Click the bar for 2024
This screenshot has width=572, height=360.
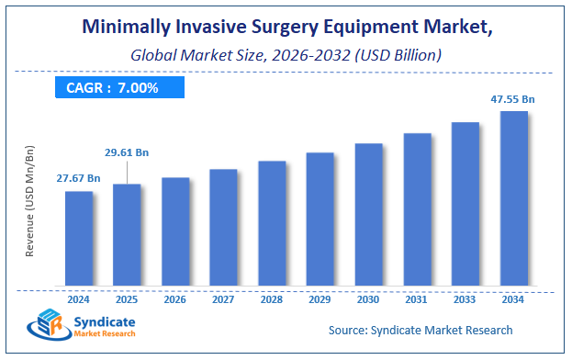[78, 238]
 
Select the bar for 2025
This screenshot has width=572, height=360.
[127, 234]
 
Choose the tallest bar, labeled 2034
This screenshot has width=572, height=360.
[513, 197]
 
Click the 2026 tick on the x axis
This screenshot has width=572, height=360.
[175, 298]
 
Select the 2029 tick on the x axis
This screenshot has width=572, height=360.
[320, 298]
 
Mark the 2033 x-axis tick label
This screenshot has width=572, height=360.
[465, 298]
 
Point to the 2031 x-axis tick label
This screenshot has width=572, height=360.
[417, 298]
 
